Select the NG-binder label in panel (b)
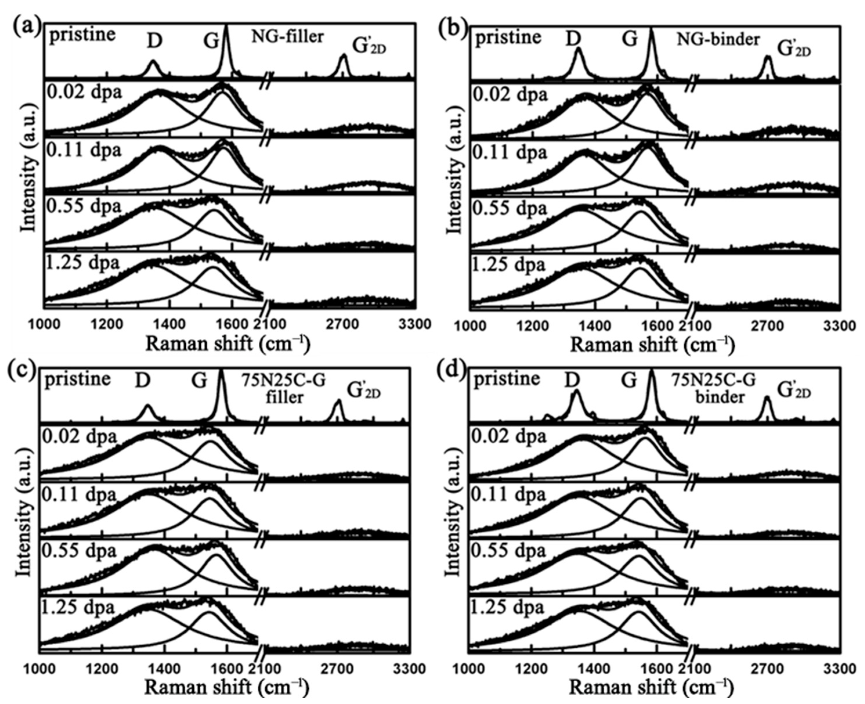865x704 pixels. (x=718, y=39)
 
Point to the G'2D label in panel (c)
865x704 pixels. (x=363, y=390)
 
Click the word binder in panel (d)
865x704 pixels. (x=720, y=398)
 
